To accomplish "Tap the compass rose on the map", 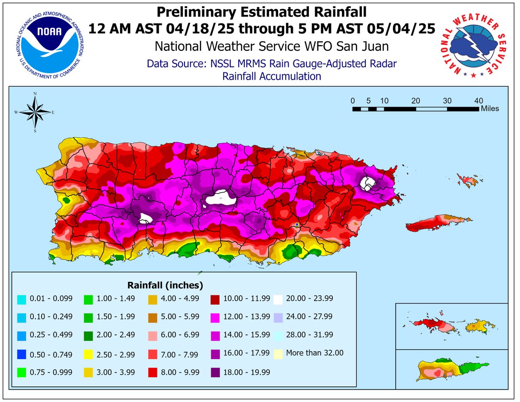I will point(35,111).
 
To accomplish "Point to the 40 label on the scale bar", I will point(479,101).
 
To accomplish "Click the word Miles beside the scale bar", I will point(490,108).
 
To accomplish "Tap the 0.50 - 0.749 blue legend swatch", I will point(21,354).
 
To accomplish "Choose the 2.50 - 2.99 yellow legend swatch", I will point(89,354).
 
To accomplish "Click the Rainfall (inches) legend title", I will point(165,285).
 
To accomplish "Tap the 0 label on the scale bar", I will point(353,101).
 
